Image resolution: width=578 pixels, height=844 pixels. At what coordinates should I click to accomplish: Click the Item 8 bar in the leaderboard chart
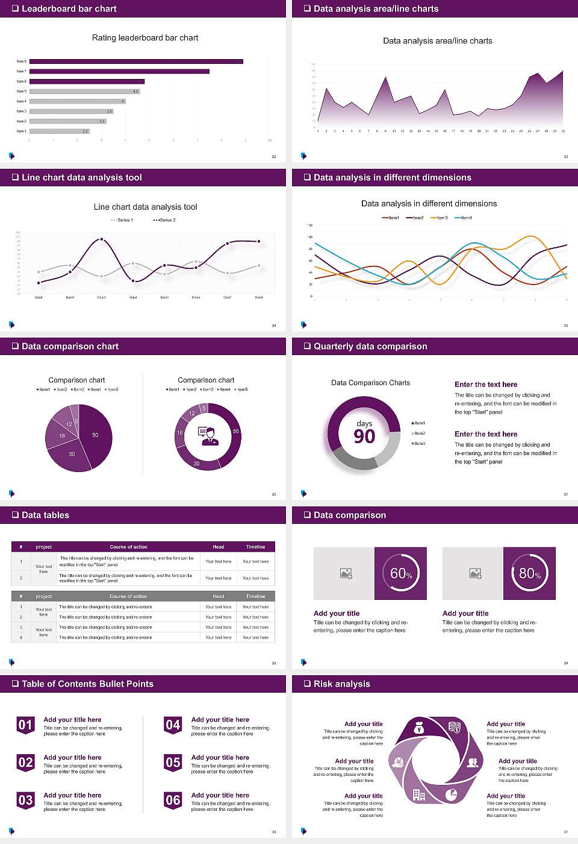[136, 61]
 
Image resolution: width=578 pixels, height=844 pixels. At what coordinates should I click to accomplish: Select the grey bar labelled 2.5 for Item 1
[59, 131]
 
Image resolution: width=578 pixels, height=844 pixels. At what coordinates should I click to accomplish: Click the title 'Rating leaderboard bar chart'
[145, 38]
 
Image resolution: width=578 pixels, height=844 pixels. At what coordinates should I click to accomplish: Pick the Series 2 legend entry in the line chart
[164, 220]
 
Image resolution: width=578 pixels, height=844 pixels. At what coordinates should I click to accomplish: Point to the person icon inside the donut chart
[208, 435]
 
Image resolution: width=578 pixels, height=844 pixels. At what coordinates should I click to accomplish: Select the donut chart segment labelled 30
[197, 463]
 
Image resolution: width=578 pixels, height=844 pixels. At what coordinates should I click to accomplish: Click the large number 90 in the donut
[364, 436]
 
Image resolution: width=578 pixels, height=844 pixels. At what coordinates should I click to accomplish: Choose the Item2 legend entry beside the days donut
[418, 433]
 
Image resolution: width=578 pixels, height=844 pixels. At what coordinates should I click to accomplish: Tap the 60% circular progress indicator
[401, 573]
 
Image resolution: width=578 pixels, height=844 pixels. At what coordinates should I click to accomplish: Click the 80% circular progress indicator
[530, 573]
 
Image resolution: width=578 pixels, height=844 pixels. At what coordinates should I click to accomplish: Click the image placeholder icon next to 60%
[346, 573]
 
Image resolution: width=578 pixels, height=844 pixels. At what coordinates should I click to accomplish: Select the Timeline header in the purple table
[255, 547]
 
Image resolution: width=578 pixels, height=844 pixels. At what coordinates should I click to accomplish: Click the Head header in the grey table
[218, 596]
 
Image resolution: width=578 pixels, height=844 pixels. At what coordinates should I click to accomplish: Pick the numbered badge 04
[173, 725]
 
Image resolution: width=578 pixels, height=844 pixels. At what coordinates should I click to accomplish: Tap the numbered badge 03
[25, 801]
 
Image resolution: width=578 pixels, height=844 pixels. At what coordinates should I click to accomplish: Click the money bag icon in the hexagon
[420, 729]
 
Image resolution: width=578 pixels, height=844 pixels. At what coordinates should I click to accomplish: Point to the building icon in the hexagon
[418, 795]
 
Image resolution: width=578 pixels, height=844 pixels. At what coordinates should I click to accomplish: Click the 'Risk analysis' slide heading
[341, 684]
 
